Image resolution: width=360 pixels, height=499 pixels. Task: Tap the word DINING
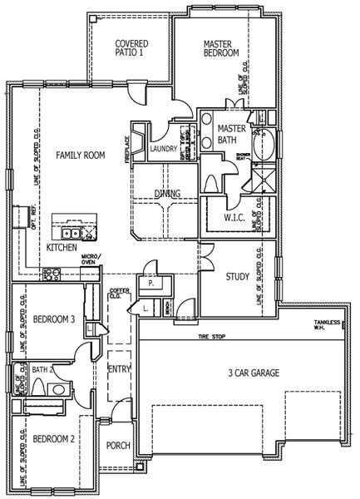click(170, 194)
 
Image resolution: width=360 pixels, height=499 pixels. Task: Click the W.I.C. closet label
click(234, 219)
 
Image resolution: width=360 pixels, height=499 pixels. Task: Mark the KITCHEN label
click(62, 248)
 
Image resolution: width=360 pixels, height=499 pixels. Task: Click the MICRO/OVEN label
click(91, 262)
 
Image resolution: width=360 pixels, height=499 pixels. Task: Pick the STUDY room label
click(227, 277)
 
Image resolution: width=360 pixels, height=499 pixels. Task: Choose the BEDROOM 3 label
click(55, 319)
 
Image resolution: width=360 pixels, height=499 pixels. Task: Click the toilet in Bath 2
click(37, 388)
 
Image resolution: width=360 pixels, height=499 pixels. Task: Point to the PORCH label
click(118, 446)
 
